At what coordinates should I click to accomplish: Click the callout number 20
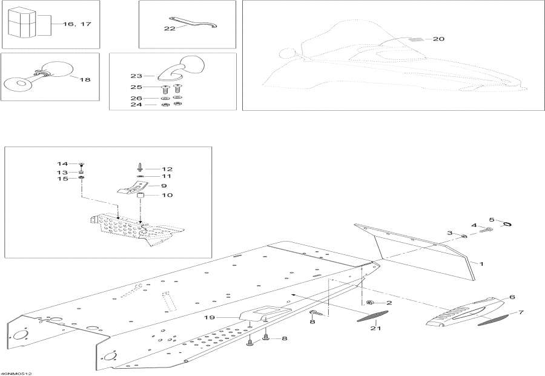coord(439,39)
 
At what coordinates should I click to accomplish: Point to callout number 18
coord(85,79)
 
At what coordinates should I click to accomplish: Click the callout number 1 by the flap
coord(482,264)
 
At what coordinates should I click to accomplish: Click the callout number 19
coord(226,317)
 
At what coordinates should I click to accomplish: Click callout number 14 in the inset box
coord(63,163)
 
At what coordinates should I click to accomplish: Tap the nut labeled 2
coord(369,302)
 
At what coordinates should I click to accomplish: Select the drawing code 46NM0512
coord(16,372)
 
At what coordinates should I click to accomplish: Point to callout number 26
coord(136,97)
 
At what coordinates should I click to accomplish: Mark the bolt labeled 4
coord(484,230)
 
